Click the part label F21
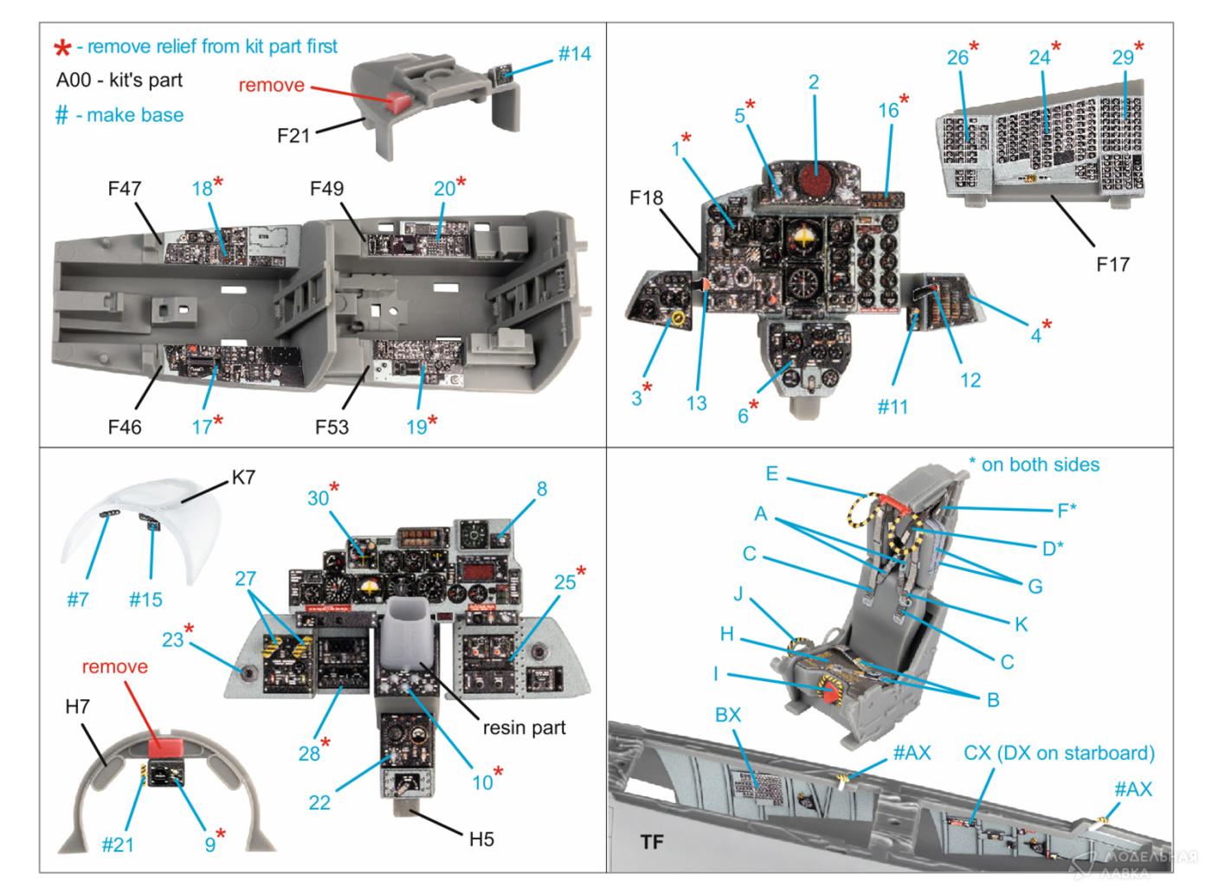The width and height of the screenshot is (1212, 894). click(293, 135)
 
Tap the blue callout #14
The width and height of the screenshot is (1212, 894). click(574, 54)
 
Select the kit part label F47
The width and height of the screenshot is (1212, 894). click(125, 188)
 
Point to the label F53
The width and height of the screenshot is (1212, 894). click(332, 427)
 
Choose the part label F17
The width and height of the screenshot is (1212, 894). click(1112, 263)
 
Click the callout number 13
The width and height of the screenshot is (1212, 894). click(696, 402)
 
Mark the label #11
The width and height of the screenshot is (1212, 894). click(893, 406)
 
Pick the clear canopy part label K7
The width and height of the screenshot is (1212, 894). click(243, 477)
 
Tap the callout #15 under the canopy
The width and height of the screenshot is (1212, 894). click(145, 599)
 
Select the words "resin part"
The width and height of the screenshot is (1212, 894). click(524, 727)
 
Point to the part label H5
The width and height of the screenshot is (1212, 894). click(481, 839)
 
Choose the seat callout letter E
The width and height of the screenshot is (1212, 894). click(771, 473)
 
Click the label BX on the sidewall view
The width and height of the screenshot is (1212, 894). click(728, 715)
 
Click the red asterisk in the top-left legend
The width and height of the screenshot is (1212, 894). click(63, 48)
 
